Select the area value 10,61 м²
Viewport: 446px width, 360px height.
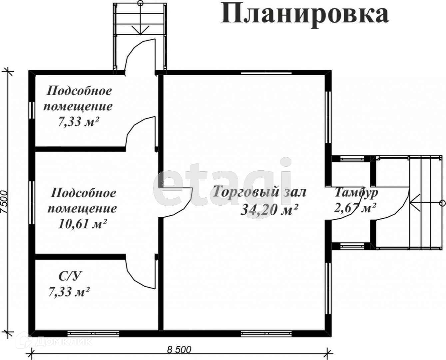83,224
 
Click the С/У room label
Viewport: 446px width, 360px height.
70,276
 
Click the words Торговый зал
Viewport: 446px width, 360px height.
259,192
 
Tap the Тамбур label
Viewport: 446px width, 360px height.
356,193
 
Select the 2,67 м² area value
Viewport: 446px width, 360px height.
355,208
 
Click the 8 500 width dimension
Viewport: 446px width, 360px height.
179,350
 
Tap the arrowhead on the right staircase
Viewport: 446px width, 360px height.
414,203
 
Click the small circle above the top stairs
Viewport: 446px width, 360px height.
141,3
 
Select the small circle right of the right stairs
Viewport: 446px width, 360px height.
443,203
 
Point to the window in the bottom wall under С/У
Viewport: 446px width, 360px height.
93,334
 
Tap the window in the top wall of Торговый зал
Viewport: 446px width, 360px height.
266,73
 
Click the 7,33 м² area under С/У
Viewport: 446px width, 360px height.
69,292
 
